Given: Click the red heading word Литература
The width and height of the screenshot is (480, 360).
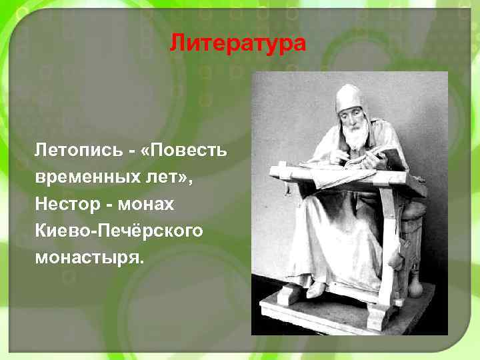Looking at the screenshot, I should pos(237,44).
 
